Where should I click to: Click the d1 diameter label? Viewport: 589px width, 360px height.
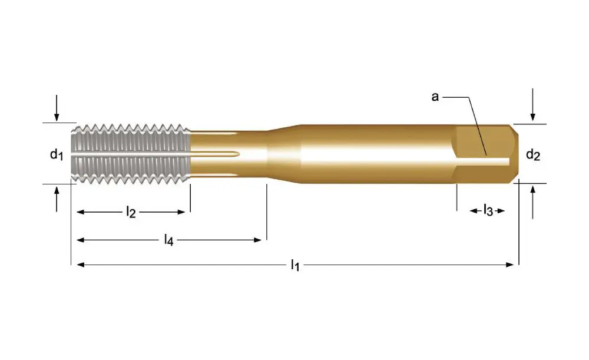point(56,155)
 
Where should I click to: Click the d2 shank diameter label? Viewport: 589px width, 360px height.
point(532,155)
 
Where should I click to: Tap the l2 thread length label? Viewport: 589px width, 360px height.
point(131,212)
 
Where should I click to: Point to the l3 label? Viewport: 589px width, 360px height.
point(488,210)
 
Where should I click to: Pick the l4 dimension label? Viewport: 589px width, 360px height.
point(169,240)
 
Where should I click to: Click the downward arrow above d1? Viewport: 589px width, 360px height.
point(57,109)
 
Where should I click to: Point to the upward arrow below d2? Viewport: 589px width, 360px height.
point(532,200)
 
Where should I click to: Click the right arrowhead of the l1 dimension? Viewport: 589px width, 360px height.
point(511,265)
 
